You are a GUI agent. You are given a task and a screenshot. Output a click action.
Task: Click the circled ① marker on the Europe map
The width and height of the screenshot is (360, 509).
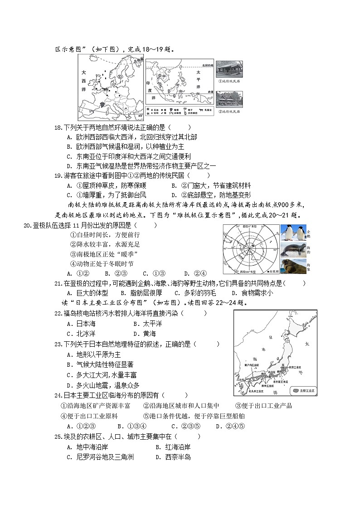click(119, 78)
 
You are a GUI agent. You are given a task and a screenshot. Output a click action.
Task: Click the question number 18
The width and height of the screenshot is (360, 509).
click(58, 128)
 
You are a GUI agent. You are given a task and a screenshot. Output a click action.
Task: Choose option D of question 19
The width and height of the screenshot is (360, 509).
click(175, 195)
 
